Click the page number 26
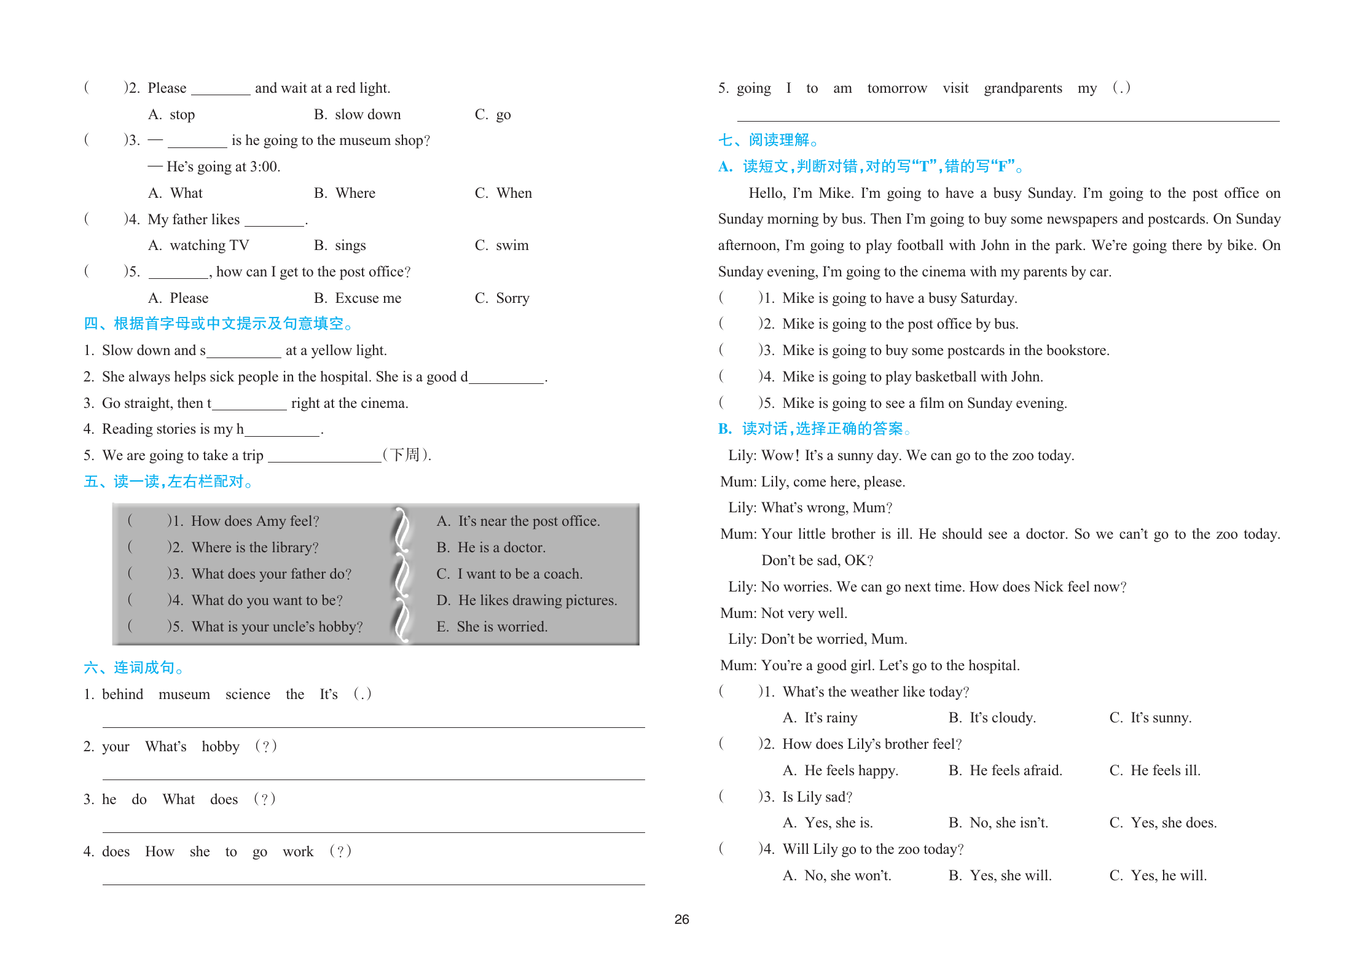click(x=681, y=919)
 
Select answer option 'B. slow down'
click(x=357, y=114)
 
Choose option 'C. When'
click(x=503, y=193)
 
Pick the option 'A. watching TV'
click(x=198, y=245)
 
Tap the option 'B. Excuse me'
click(x=357, y=298)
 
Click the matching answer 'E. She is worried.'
click(x=492, y=627)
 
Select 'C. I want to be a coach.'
click(x=509, y=574)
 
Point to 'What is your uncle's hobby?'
click(x=276, y=627)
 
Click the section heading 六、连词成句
click(x=133, y=668)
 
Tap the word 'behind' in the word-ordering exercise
click(x=122, y=694)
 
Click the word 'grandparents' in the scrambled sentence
click(x=1022, y=88)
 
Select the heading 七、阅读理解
click(x=767, y=140)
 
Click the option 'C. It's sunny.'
click(x=1150, y=717)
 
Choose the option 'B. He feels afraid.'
click(x=1005, y=770)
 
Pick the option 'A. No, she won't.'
click(x=837, y=875)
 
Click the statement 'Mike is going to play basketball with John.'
click(x=912, y=377)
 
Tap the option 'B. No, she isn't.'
click(x=998, y=822)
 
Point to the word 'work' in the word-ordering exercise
click(x=298, y=851)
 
